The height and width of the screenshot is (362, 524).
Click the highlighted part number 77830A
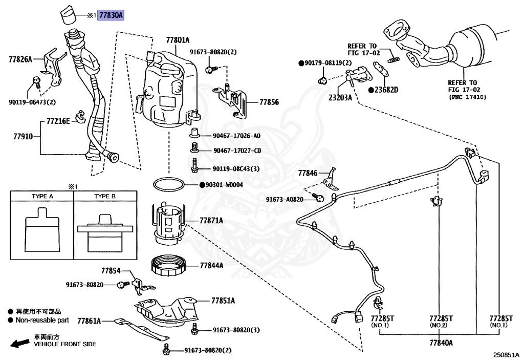click(x=111, y=15)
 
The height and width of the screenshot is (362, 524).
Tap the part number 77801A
click(x=178, y=40)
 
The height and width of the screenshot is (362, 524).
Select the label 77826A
click(x=20, y=59)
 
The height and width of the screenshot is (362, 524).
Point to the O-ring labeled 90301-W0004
click(x=169, y=184)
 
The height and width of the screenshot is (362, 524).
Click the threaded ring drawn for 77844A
click(x=169, y=265)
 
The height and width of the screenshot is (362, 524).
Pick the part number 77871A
click(x=211, y=221)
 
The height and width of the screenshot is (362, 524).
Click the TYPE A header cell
click(x=42, y=196)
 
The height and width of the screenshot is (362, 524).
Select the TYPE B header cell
click(x=105, y=196)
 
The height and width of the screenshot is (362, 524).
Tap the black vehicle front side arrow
click(x=20, y=343)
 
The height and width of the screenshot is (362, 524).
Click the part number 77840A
click(x=441, y=343)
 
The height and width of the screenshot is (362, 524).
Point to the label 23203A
click(x=340, y=98)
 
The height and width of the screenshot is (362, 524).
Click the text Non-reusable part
click(x=42, y=320)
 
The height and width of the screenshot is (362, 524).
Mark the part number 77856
click(x=269, y=102)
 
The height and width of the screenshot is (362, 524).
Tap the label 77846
click(x=308, y=173)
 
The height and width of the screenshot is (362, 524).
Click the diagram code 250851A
click(x=506, y=355)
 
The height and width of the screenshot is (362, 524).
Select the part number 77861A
click(x=89, y=321)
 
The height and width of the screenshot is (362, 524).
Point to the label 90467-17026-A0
click(x=236, y=136)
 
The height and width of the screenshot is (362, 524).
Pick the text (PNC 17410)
click(x=468, y=97)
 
